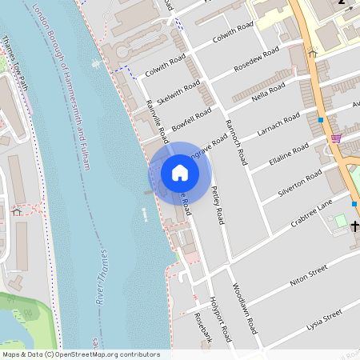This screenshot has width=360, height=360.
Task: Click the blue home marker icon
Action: click(x=180, y=173)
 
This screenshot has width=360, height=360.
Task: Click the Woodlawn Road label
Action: click(x=244, y=308)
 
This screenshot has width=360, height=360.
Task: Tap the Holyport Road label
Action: click(x=219, y=317)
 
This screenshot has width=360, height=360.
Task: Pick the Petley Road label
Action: click(x=218, y=205)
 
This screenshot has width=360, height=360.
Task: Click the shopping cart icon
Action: click(x=336, y=138)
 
